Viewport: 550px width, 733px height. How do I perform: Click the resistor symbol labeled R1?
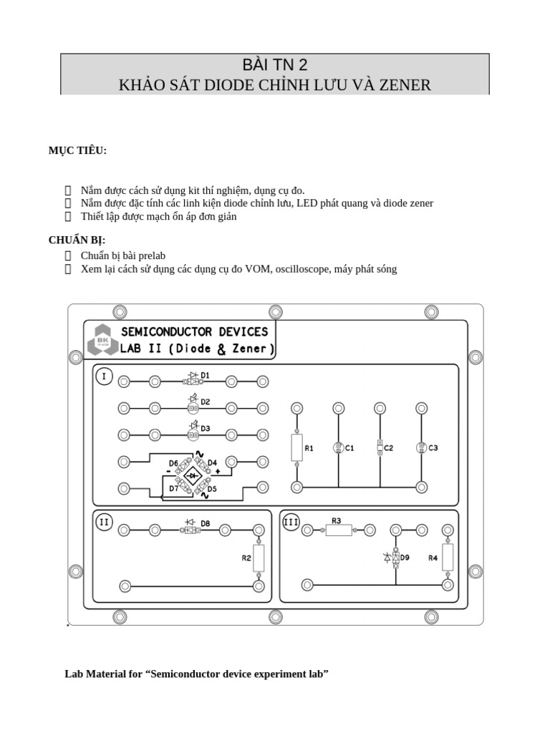296,447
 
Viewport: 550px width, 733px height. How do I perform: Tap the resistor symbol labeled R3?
339,530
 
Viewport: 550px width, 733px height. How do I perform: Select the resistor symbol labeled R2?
259,558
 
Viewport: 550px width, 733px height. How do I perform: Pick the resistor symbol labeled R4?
448,557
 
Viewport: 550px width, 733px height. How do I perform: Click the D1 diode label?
205,375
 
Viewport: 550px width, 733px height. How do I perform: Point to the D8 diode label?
206,523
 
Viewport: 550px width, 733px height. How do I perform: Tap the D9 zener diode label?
405,557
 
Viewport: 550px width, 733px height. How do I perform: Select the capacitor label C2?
389,448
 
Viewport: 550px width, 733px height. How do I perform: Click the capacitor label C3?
433,448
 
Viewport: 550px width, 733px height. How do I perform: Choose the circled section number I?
105,377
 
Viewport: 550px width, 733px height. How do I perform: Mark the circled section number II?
105,522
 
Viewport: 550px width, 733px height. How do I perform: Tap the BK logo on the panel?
102,340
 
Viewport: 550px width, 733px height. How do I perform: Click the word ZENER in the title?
406,86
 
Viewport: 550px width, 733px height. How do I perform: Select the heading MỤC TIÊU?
77,150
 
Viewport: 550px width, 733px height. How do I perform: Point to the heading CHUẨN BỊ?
77,240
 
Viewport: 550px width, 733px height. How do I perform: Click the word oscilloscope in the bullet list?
299,269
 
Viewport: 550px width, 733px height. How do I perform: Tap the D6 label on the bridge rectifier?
173,464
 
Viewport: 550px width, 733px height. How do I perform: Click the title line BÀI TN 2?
275,66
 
